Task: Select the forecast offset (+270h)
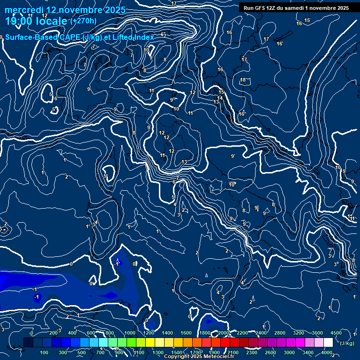(x=83, y=21)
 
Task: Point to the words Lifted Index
(x=133, y=37)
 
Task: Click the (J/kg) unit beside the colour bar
(x=346, y=343)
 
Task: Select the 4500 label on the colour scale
(x=336, y=333)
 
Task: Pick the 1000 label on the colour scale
(x=130, y=333)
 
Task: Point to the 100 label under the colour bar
(x=44, y=352)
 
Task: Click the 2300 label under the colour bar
(x=251, y=352)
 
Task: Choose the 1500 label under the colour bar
(x=177, y=352)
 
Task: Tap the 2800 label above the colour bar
(x=279, y=333)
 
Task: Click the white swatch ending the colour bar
(x=328, y=343)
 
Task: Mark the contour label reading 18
(x=243, y=80)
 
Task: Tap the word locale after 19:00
(x=51, y=22)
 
